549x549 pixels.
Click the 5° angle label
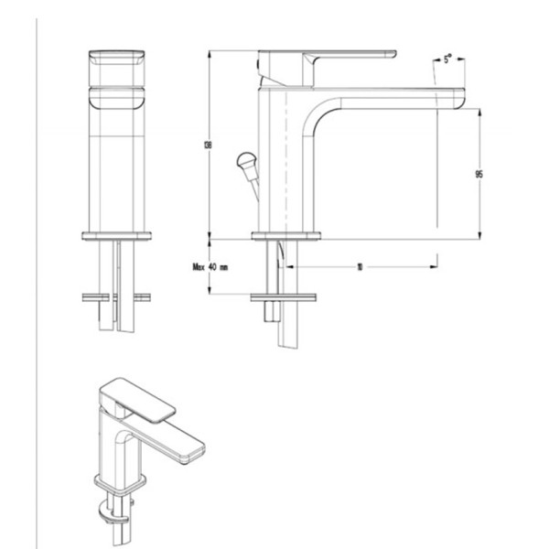click(x=447, y=59)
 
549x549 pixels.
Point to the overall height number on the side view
click(x=210, y=145)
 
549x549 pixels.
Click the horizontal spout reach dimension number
click(x=361, y=268)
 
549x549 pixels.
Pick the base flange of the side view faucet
click(x=286, y=236)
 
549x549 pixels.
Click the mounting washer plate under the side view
click(x=286, y=296)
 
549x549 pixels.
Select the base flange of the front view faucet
click(x=115, y=236)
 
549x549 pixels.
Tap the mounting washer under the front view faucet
click(x=115, y=296)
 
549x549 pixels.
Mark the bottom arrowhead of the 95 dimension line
click(x=479, y=237)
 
